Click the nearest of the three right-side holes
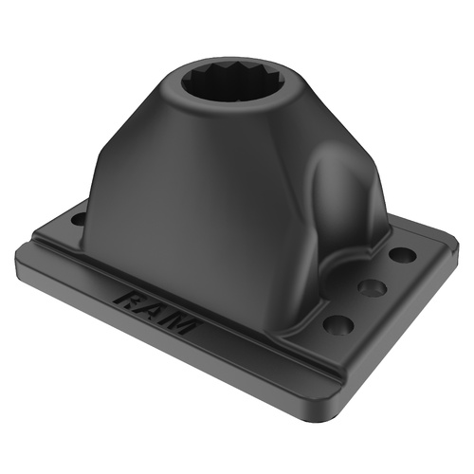click(338, 324)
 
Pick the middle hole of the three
click(373, 287)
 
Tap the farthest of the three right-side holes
click(401, 255)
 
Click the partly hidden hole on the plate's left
click(78, 220)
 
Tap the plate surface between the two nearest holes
click(355, 305)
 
